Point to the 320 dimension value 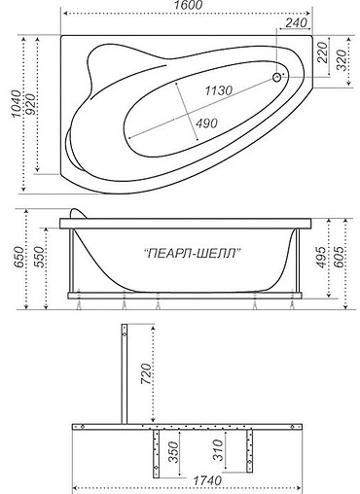[x=342, y=61]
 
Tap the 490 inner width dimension [x=204, y=123]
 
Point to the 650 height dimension [x=10, y=262]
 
